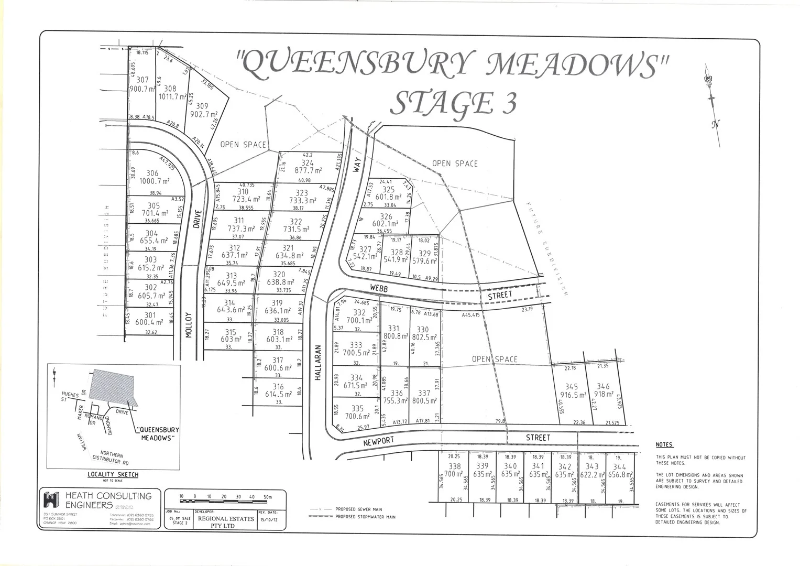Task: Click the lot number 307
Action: pos(143,80)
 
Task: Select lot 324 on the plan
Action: pos(307,163)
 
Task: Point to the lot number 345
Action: pos(571,387)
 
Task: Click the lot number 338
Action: pos(455,466)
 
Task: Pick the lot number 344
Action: pos(619,466)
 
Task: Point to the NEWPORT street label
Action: pos(379,442)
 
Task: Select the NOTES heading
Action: pos(664,445)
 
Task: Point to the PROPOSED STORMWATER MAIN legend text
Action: pos(365,517)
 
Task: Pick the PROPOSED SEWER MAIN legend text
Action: pos(359,509)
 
